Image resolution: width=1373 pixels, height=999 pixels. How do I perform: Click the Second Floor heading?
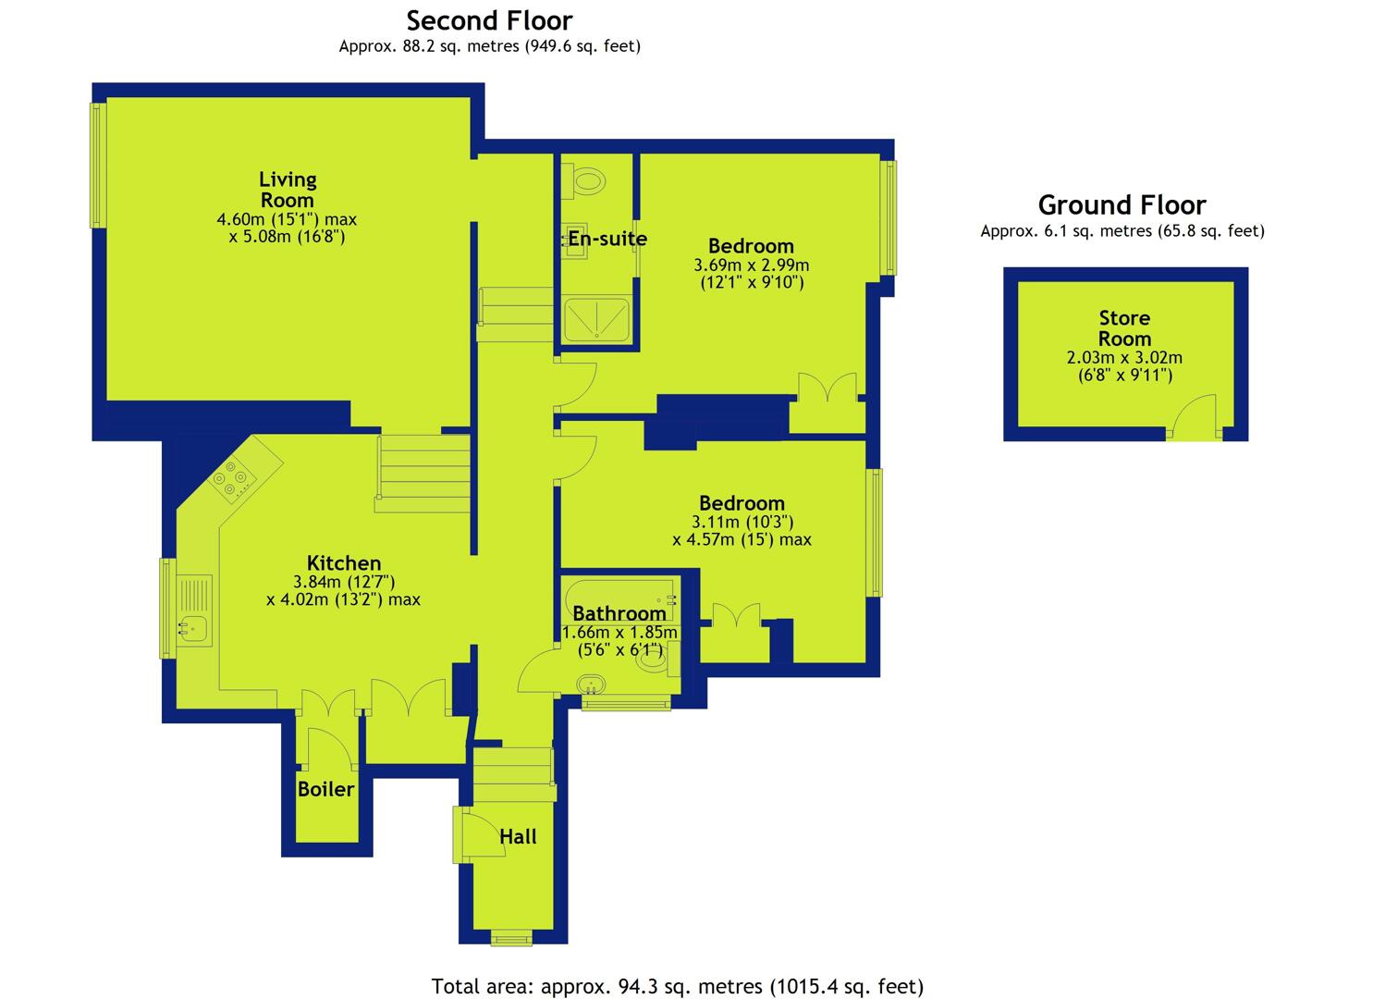click(x=489, y=21)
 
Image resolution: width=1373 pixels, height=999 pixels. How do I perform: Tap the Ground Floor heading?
click(x=1122, y=204)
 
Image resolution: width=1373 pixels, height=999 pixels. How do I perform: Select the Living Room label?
click(x=288, y=190)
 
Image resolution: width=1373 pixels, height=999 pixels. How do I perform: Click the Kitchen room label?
click(x=344, y=562)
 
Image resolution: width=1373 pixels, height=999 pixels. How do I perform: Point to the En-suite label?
click(x=607, y=238)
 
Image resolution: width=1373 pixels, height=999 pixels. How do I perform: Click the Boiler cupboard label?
click(x=326, y=789)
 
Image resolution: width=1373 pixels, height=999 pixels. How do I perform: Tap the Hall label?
click(x=518, y=836)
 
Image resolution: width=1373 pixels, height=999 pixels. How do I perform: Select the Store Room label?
click(x=1124, y=328)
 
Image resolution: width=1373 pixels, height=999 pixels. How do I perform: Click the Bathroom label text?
click(x=619, y=613)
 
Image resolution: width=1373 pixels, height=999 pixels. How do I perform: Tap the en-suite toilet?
click(x=582, y=181)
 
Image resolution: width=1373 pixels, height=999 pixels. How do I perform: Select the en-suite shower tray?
click(x=596, y=319)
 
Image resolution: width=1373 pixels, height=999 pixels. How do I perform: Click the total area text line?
click(x=678, y=986)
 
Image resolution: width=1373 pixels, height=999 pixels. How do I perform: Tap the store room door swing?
click(x=1194, y=415)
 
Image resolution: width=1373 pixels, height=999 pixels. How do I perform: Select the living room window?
click(x=98, y=166)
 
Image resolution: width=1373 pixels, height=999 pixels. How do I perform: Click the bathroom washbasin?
click(x=590, y=684)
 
